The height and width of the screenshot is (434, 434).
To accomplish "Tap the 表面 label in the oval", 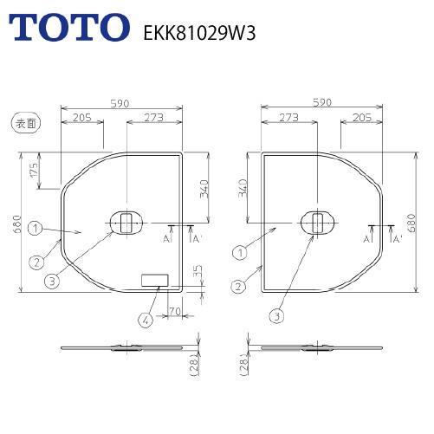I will pyautogui.click(x=20, y=125).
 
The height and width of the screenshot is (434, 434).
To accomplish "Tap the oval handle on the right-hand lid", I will pyautogui.click(x=316, y=223).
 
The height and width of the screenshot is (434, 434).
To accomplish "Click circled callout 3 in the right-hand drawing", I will pyautogui.click(x=277, y=315).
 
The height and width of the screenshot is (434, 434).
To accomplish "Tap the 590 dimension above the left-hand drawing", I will pyautogui.click(x=120, y=102).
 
